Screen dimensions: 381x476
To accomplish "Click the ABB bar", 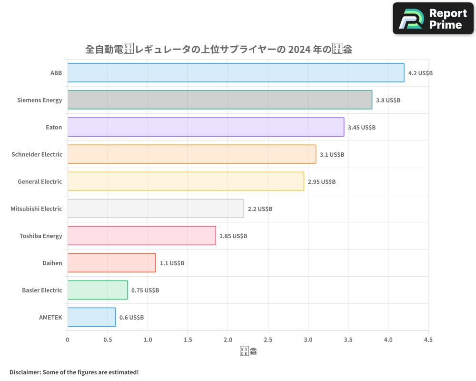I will [x=236, y=73].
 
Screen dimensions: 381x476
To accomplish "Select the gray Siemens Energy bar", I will [x=219, y=100].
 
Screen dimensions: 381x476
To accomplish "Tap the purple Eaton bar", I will [x=206, y=127].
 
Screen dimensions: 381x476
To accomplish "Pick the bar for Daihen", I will [x=111, y=263].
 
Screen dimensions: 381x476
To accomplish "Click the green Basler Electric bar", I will [x=98, y=290].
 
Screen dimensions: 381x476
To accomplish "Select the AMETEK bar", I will [x=91, y=317].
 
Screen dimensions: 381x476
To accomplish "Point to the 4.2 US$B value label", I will [x=420, y=73].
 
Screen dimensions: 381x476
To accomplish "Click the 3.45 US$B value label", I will [x=362, y=128].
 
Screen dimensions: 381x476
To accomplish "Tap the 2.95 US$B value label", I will [x=322, y=182].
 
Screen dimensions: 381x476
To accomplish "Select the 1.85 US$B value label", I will [x=233, y=236].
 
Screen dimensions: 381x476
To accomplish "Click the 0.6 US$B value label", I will [x=131, y=318].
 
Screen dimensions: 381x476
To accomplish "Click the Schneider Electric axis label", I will [x=37, y=154].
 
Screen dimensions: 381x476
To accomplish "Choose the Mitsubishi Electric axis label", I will [x=37, y=209].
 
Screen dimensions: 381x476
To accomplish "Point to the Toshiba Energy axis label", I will [x=41, y=236].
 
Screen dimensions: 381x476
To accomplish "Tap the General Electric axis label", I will [x=40, y=181].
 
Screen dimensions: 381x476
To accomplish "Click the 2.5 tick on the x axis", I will [x=268, y=340].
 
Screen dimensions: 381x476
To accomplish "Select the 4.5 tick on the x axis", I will [x=428, y=340].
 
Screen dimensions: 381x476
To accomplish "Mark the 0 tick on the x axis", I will [x=68, y=340].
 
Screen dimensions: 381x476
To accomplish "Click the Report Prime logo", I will [x=433, y=19].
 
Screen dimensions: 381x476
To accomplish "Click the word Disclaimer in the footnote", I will [x=24, y=372].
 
